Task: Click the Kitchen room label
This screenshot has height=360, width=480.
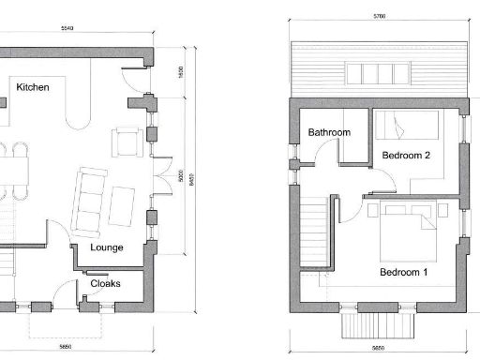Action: click(33, 86)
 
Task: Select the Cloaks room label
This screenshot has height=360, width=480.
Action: click(105, 282)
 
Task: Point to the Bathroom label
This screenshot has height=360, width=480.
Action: click(329, 133)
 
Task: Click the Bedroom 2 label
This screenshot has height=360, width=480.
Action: click(406, 156)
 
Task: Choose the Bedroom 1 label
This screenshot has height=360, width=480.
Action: click(403, 273)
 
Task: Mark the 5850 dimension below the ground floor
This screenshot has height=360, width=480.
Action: click(65, 347)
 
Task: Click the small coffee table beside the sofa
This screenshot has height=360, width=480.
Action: click(124, 200)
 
